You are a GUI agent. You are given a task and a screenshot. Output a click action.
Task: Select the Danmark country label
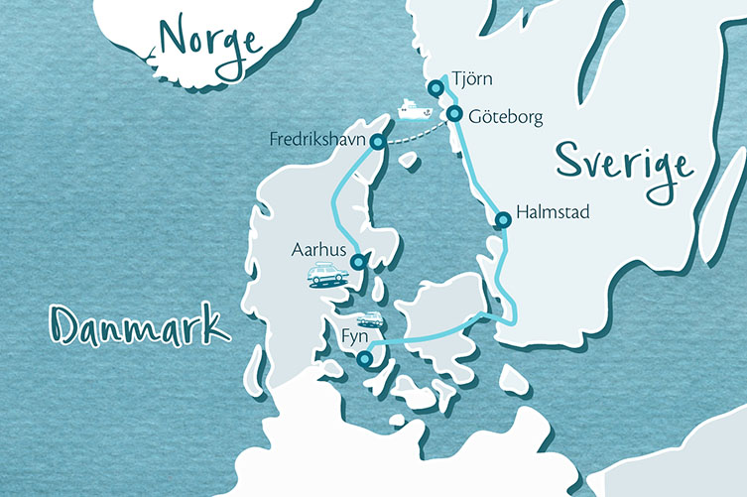137,323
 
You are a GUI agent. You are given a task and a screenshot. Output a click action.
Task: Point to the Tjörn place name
470,77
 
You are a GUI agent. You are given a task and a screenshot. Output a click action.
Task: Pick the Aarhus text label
317,251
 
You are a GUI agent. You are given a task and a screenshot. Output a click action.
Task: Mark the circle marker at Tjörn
436,89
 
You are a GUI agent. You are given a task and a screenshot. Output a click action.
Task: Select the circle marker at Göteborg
453,114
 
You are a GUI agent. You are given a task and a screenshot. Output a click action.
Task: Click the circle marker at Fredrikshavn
377,143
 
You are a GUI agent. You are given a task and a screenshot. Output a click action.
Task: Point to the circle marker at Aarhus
358,262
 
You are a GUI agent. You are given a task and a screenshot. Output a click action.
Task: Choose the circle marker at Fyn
365,359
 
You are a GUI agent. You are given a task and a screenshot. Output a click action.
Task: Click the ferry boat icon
409,106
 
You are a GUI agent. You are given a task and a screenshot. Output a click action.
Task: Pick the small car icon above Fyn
370,319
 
